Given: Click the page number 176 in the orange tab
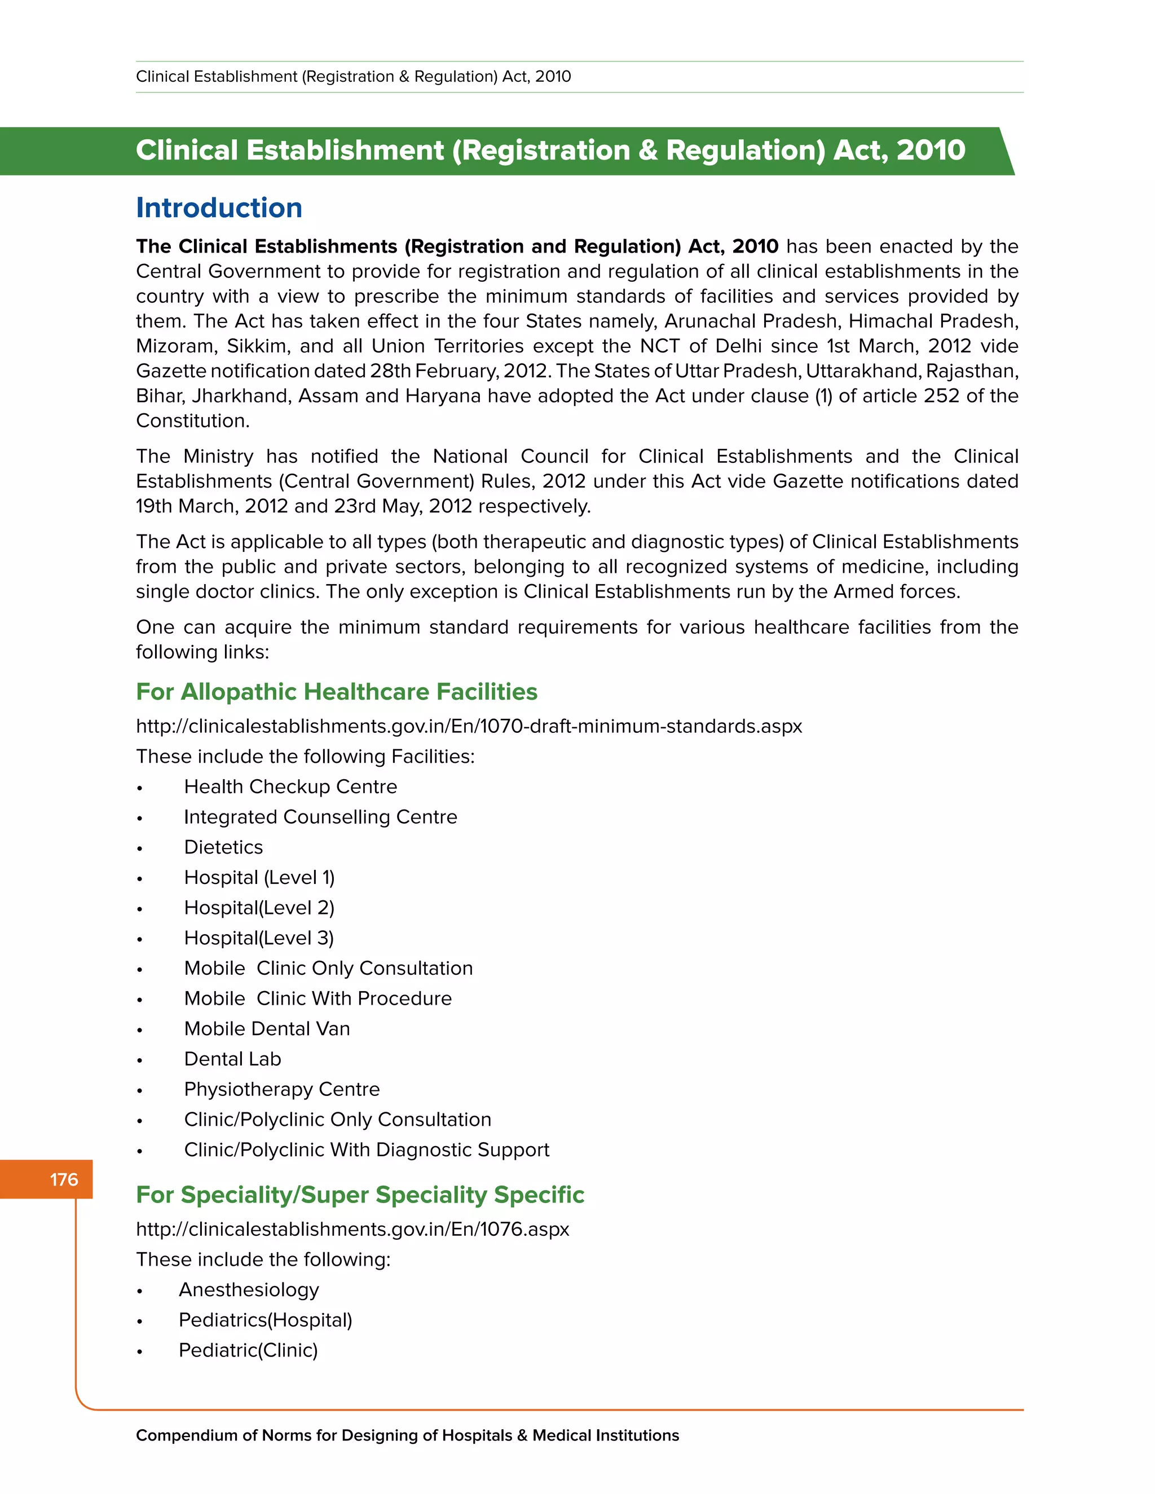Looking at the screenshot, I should (x=64, y=1179).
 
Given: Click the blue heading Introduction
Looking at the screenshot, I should (x=219, y=208).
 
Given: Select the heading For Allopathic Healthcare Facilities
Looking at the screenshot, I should (x=336, y=692).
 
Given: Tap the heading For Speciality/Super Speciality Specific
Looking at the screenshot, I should (x=360, y=1195).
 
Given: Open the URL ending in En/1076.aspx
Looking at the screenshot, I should (x=352, y=1228).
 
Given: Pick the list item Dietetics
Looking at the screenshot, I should (x=223, y=847).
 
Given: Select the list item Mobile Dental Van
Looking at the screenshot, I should (x=267, y=1028).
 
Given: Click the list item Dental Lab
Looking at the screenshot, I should (x=233, y=1059).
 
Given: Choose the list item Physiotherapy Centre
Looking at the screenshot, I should (x=282, y=1089).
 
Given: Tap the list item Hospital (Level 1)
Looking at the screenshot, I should (x=259, y=877).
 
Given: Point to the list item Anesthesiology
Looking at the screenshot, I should (x=249, y=1289).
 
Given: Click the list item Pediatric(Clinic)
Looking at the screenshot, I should (x=248, y=1350).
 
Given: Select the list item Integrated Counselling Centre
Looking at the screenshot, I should (x=320, y=817).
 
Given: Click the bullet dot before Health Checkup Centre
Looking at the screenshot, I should (x=140, y=788).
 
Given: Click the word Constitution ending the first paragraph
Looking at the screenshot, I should (x=192, y=421).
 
